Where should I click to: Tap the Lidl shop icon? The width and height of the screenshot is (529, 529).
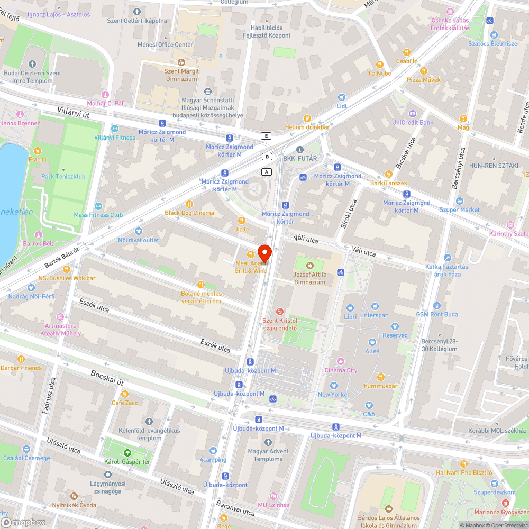point(341,97)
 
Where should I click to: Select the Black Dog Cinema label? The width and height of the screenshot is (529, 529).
point(189,213)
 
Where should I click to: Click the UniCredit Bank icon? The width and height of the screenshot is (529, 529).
point(412,113)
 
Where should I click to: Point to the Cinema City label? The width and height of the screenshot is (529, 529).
point(341,370)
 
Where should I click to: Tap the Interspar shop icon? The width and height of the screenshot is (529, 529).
point(375,306)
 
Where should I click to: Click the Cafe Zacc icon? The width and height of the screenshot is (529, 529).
point(125,394)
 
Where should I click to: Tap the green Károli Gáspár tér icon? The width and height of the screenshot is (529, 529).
point(127,453)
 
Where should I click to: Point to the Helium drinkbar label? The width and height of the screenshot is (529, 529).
point(307,127)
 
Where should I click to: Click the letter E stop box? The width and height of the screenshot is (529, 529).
point(266,136)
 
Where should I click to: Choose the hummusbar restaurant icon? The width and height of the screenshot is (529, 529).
point(380,377)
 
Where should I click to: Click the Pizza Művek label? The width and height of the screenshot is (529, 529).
point(423,79)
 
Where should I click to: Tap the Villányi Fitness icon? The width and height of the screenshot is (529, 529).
point(114,129)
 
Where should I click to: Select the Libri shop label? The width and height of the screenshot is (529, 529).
point(351,316)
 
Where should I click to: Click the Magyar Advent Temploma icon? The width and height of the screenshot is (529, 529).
point(268,442)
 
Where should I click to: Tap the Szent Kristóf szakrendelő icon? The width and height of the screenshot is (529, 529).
point(280,312)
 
